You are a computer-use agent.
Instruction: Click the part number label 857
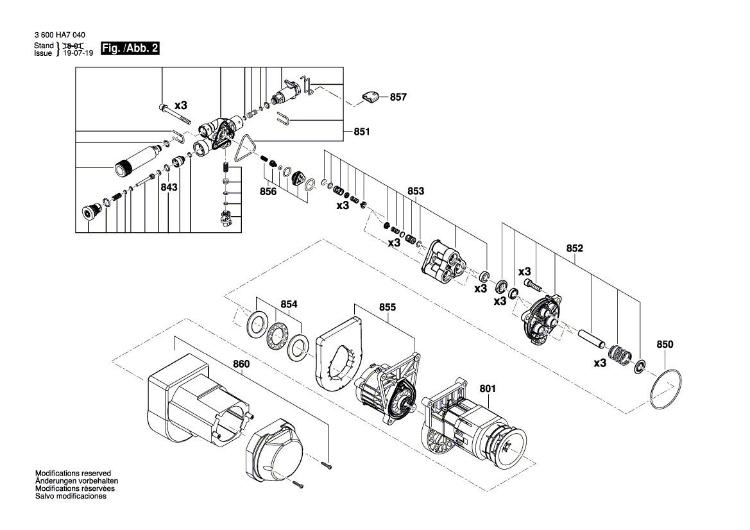[398, 97]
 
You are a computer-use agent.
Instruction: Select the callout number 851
[362, 132]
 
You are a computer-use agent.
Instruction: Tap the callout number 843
[169, 187]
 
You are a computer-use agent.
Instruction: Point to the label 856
[268, 191]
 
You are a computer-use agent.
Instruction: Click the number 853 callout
[416, 191]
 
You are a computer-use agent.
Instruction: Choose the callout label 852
[574, 248]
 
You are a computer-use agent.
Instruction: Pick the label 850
[665, 345]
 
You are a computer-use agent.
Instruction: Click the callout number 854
[289, 305]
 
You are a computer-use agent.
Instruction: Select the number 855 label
[388, 307]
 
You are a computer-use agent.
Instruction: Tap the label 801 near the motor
[488, 388]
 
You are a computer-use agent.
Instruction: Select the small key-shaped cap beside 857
[370, 97]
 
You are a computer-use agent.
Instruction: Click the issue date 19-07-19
[78, 54]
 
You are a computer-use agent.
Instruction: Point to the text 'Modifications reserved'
[73, 472]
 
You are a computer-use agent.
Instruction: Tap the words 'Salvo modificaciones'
[71, 496]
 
